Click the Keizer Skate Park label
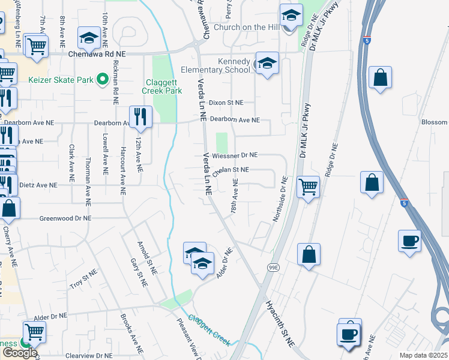coord(61,79)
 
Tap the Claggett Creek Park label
coord(161,87)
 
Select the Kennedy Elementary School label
coord(225,65)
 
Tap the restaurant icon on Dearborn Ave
coord(140,116)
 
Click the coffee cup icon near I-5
coord(410,241)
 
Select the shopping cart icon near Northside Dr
coord(308,187)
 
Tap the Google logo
coord(20,353)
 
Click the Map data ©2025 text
coord(423,355)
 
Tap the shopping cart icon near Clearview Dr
coord(35,331)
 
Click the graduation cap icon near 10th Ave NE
coord(89,39)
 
